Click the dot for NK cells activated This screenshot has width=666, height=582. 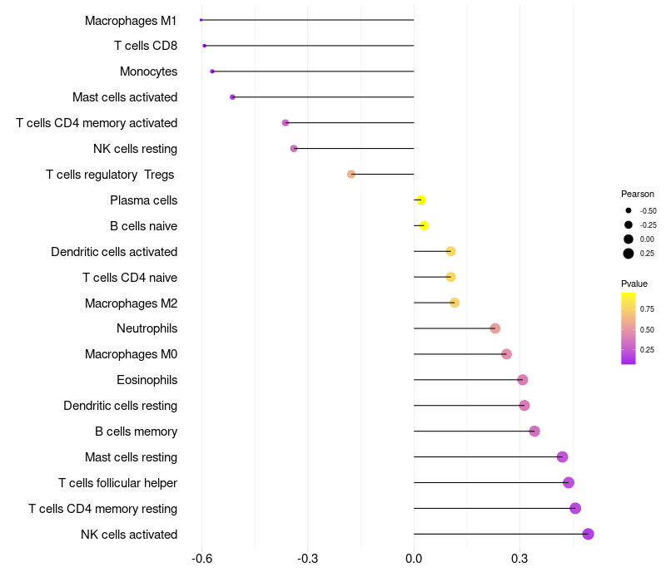[588, 534]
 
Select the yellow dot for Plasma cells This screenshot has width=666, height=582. [421, 200]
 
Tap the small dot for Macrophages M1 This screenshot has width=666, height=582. [201, 20]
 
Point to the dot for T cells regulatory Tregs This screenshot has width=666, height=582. [351, 175]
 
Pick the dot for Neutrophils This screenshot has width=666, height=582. [495, 328]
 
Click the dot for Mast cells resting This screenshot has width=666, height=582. [562, 456]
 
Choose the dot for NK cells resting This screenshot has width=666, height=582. [294, 149]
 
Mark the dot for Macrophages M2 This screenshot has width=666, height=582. [455, 303]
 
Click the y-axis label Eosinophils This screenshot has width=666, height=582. [147, 380]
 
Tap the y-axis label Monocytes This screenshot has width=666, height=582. [148, 72]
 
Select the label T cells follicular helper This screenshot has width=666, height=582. [117, 483]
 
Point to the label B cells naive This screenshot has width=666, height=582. [143, 226]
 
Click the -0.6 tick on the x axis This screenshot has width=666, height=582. [201, 559]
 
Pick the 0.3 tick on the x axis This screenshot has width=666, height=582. [519, 559]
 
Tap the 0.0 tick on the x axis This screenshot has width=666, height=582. [414, 559]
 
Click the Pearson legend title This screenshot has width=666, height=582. [638, 194]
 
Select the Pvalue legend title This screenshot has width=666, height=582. [634, 284]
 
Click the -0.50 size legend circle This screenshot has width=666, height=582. [629, 210]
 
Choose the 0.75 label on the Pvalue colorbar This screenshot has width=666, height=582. [647, 309]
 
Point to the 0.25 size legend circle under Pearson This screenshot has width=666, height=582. [629, 254]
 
